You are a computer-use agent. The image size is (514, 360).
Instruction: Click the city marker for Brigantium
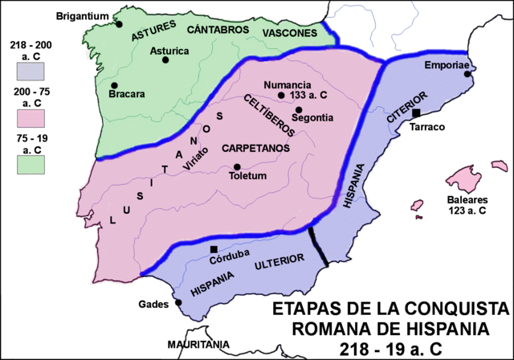click(119, 24)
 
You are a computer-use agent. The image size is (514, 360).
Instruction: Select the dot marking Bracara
click(115, 85)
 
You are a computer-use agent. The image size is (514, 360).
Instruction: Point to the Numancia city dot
click(281, 96)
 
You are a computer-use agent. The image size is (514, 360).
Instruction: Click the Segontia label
click(312, 117)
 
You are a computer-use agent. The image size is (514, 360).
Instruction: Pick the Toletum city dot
click(237, 166)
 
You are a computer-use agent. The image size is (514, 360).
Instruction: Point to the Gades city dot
click(178, 303)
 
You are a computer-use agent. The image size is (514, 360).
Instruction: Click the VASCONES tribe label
click(289, 32)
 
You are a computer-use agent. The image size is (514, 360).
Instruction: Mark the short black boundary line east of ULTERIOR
click(317, 247)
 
